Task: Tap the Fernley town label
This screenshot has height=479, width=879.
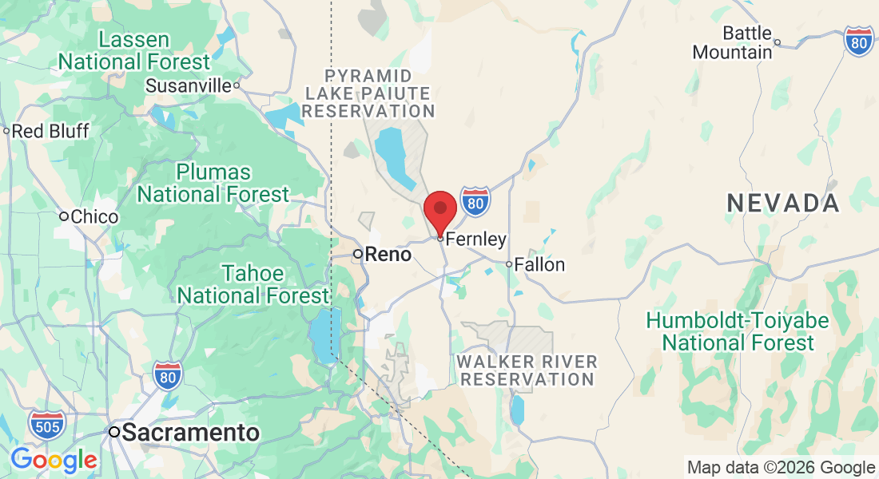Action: pyautogui.click(x=475, y=239)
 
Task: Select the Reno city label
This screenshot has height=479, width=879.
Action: pyautogui.click(x=388, y=255)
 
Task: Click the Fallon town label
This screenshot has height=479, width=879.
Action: pyautogui.click(x=539, y=264)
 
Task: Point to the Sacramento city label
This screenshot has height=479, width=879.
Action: pyautogui.click(x=191, y=433)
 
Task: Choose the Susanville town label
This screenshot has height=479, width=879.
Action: pyautogui.click(x=188, y=85)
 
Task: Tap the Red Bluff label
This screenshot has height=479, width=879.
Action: pyautogui.click(x=51, y=131)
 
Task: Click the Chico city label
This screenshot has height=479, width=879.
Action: pyautogui.click(x=94, y=216)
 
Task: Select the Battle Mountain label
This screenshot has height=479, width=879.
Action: pyautogui.click(x=733, y=43)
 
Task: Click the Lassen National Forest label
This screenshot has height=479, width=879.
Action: pyautogui.click(x=134, y=50)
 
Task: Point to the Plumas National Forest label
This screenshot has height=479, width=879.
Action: pyautogui.click(x=213, y=183)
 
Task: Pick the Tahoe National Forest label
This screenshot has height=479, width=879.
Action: pyautogui.click(x=253, y=284)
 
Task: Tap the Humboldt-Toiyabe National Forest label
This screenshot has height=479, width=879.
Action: pyautogui.click(x=738, y=332)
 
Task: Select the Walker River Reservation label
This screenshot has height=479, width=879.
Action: pyautogui.click(x=527, y=370)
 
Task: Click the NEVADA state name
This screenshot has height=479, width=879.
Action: pyautogui.click(x=783, y=203)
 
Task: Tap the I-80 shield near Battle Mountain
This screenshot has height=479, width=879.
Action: pyautogui.click(x=859, y=41)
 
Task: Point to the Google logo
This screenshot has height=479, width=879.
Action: pyautogui.click(x=54, y=460)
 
